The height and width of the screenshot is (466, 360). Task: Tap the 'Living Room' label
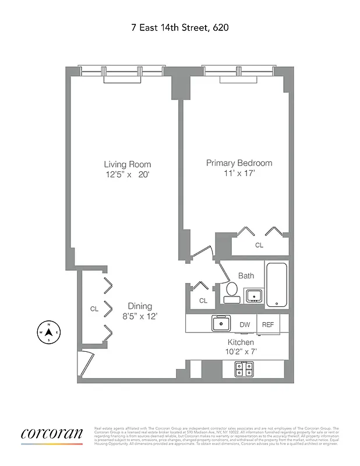[128, 164]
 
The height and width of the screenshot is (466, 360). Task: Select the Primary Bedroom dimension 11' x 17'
[239, 174]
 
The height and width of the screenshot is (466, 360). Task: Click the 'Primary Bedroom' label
[239, 163]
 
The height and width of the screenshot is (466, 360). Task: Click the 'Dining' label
[140, 306]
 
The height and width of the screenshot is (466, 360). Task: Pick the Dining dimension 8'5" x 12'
[140, 316]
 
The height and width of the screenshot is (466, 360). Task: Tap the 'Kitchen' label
[241, 342]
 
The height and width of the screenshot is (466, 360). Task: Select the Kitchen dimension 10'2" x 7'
[241, 352]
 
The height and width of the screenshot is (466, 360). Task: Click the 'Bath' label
[246, 276]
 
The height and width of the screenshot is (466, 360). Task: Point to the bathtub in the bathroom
[277, 285]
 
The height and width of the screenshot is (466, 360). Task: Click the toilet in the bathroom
[231, 290]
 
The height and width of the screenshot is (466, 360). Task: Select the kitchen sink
[221, 323]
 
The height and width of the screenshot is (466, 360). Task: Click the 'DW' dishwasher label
[245, 324]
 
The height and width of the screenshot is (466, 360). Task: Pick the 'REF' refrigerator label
[267, 324]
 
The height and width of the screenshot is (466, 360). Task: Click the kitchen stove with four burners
[243, 369]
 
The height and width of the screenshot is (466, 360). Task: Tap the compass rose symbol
[49, 333]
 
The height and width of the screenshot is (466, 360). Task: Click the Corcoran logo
[52, 434]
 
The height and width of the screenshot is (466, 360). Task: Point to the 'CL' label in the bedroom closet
[259, 245]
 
